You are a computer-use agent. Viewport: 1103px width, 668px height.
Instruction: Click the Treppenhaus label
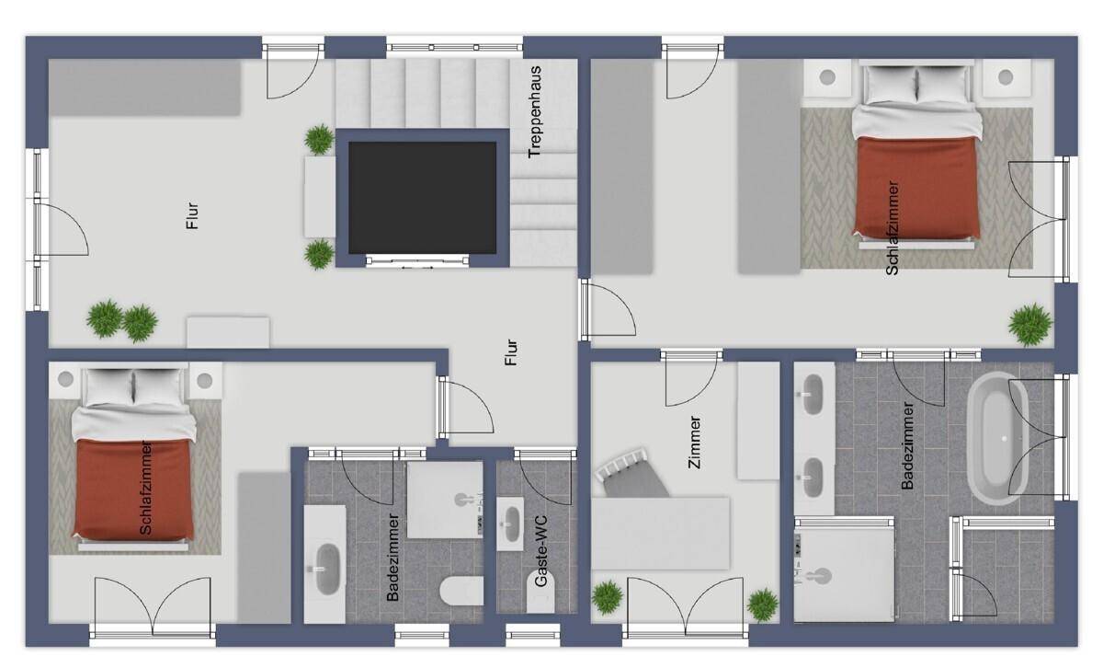pos(535,112)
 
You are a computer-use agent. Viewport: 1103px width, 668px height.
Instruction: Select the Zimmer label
pos(694,443)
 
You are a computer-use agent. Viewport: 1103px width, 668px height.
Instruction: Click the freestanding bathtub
pos(997,438)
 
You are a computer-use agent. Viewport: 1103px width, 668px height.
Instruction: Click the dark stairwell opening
pos(423,198)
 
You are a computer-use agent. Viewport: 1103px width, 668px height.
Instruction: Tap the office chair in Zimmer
pos(631,475)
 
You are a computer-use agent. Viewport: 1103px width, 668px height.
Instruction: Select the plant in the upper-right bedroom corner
pos(1030,325)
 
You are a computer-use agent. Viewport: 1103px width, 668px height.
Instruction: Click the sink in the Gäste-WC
pos(511,523)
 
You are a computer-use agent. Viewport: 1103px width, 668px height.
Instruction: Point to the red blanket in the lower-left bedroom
pos(134,489)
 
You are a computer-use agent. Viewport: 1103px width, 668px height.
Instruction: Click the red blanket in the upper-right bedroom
pos(916,188)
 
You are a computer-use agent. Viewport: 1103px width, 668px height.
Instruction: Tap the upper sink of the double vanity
pos(813,394)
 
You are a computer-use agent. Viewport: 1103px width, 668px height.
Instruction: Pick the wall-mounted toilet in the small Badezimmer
pos(461,591)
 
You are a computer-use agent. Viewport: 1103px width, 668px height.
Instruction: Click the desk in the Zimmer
pos(660,534)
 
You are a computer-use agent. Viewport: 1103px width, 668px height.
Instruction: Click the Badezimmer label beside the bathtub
pos(907,446)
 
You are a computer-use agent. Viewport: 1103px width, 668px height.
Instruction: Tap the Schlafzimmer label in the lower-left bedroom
pos(146,488)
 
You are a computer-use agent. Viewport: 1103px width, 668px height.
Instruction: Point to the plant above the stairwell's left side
pos(319,139)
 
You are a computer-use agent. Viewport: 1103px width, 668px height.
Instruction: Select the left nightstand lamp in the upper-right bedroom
pos(827,77)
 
